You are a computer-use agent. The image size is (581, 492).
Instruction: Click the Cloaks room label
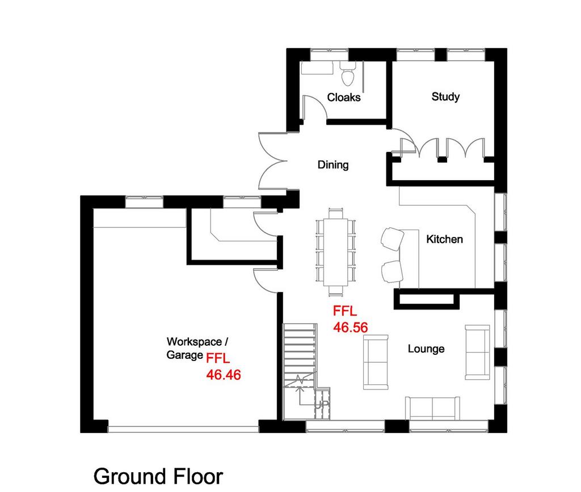click(x=343, y=97)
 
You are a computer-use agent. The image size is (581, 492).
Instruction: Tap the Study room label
click(x=445, y=97)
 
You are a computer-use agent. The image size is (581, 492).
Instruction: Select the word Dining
click(x=333, y=165)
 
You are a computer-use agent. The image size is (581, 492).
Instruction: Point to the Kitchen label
click(x=444, y=239)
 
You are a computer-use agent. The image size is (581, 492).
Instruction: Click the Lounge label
click(x=426, y=349)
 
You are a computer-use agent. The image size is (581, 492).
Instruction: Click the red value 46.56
click(x=350, y=327)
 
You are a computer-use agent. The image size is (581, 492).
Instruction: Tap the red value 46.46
click(x=224, y=375)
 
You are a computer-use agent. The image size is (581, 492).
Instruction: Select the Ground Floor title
click(x=158, y=477)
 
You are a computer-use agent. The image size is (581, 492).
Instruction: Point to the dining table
click(x=336, y=252)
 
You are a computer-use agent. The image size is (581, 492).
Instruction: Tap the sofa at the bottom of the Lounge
click(x=432, y=408)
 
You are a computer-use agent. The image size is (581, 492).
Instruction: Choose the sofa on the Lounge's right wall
click(x=478, y=352)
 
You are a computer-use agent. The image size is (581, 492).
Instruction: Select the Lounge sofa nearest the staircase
click(x=376, y=362)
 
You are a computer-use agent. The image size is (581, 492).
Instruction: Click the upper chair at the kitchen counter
click(x=393, y=239)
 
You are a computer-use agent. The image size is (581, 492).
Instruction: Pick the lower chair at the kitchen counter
click(x=392, y=272)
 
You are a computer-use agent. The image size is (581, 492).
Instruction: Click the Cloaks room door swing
click(x=315, y=107)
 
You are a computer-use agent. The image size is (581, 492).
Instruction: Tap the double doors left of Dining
click(x=273, y=162)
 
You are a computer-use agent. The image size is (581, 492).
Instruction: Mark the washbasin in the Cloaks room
click(x=317, y=68)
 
